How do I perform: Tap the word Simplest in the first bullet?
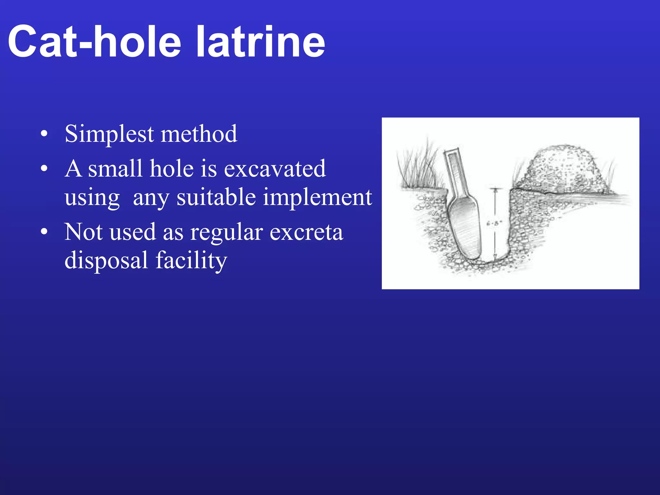109,134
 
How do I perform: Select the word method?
199,134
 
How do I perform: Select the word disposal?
106,260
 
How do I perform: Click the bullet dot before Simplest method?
44,134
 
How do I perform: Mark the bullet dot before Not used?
44,232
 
